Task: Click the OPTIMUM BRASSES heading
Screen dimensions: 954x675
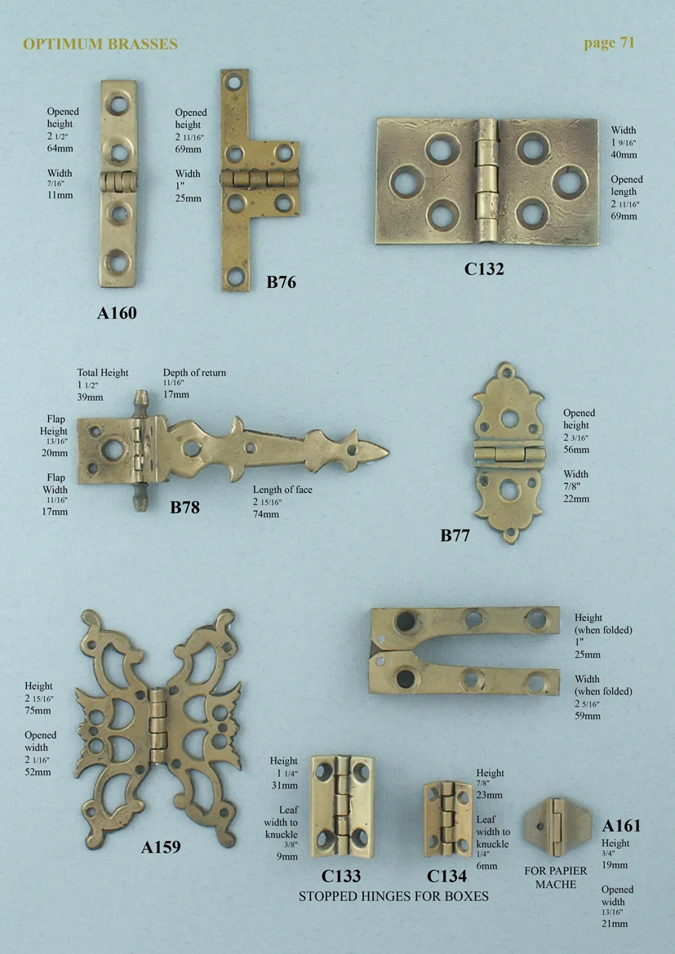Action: [x=100, y=44]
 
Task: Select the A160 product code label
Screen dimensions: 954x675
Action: [x=117, y=313]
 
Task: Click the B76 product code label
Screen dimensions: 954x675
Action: [x=281, y=283]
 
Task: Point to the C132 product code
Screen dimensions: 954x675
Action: [x=484, y=268]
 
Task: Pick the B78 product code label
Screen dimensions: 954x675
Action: [x=184, y=507]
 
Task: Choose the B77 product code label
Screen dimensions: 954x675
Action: [x=455, y=535]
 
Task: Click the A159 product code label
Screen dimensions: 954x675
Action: [x=161, y=847]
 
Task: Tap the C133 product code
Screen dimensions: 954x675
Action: [x=341, y=876]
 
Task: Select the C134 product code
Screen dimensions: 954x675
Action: [x=446, y=876]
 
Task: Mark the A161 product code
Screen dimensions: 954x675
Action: [x=621, y=825]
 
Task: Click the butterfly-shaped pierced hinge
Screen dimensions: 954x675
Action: [x=158, y=717]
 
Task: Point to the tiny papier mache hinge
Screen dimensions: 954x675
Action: [x=555, y=823]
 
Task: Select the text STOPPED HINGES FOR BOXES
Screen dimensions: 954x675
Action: [x=393, y=896]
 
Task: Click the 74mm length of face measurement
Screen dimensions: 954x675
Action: [x=266, y=514]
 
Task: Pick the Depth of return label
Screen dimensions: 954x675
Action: [x=194, y=373]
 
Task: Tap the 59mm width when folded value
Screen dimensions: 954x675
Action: [x=587, y=716]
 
